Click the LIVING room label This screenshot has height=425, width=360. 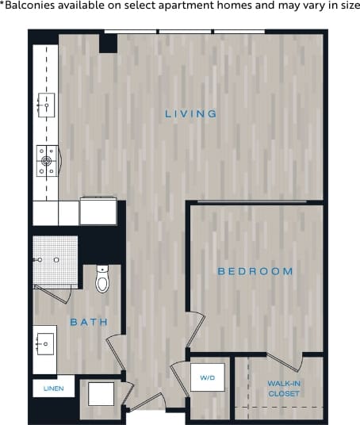coord(190,114)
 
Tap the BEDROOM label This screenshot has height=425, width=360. coord(255,271)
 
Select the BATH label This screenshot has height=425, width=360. coord(89,322)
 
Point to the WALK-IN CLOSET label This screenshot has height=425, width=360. coord(283,389)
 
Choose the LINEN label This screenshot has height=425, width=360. coord(53,387)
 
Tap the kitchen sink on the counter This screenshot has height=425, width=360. coord(44,103)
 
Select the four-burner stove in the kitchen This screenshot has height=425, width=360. coord(47,161)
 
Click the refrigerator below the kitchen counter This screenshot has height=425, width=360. coord(98,212)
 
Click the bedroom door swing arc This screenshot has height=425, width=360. coord(196,329)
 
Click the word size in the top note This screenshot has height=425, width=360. coord(349,6)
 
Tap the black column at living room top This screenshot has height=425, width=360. coord(108,43)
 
